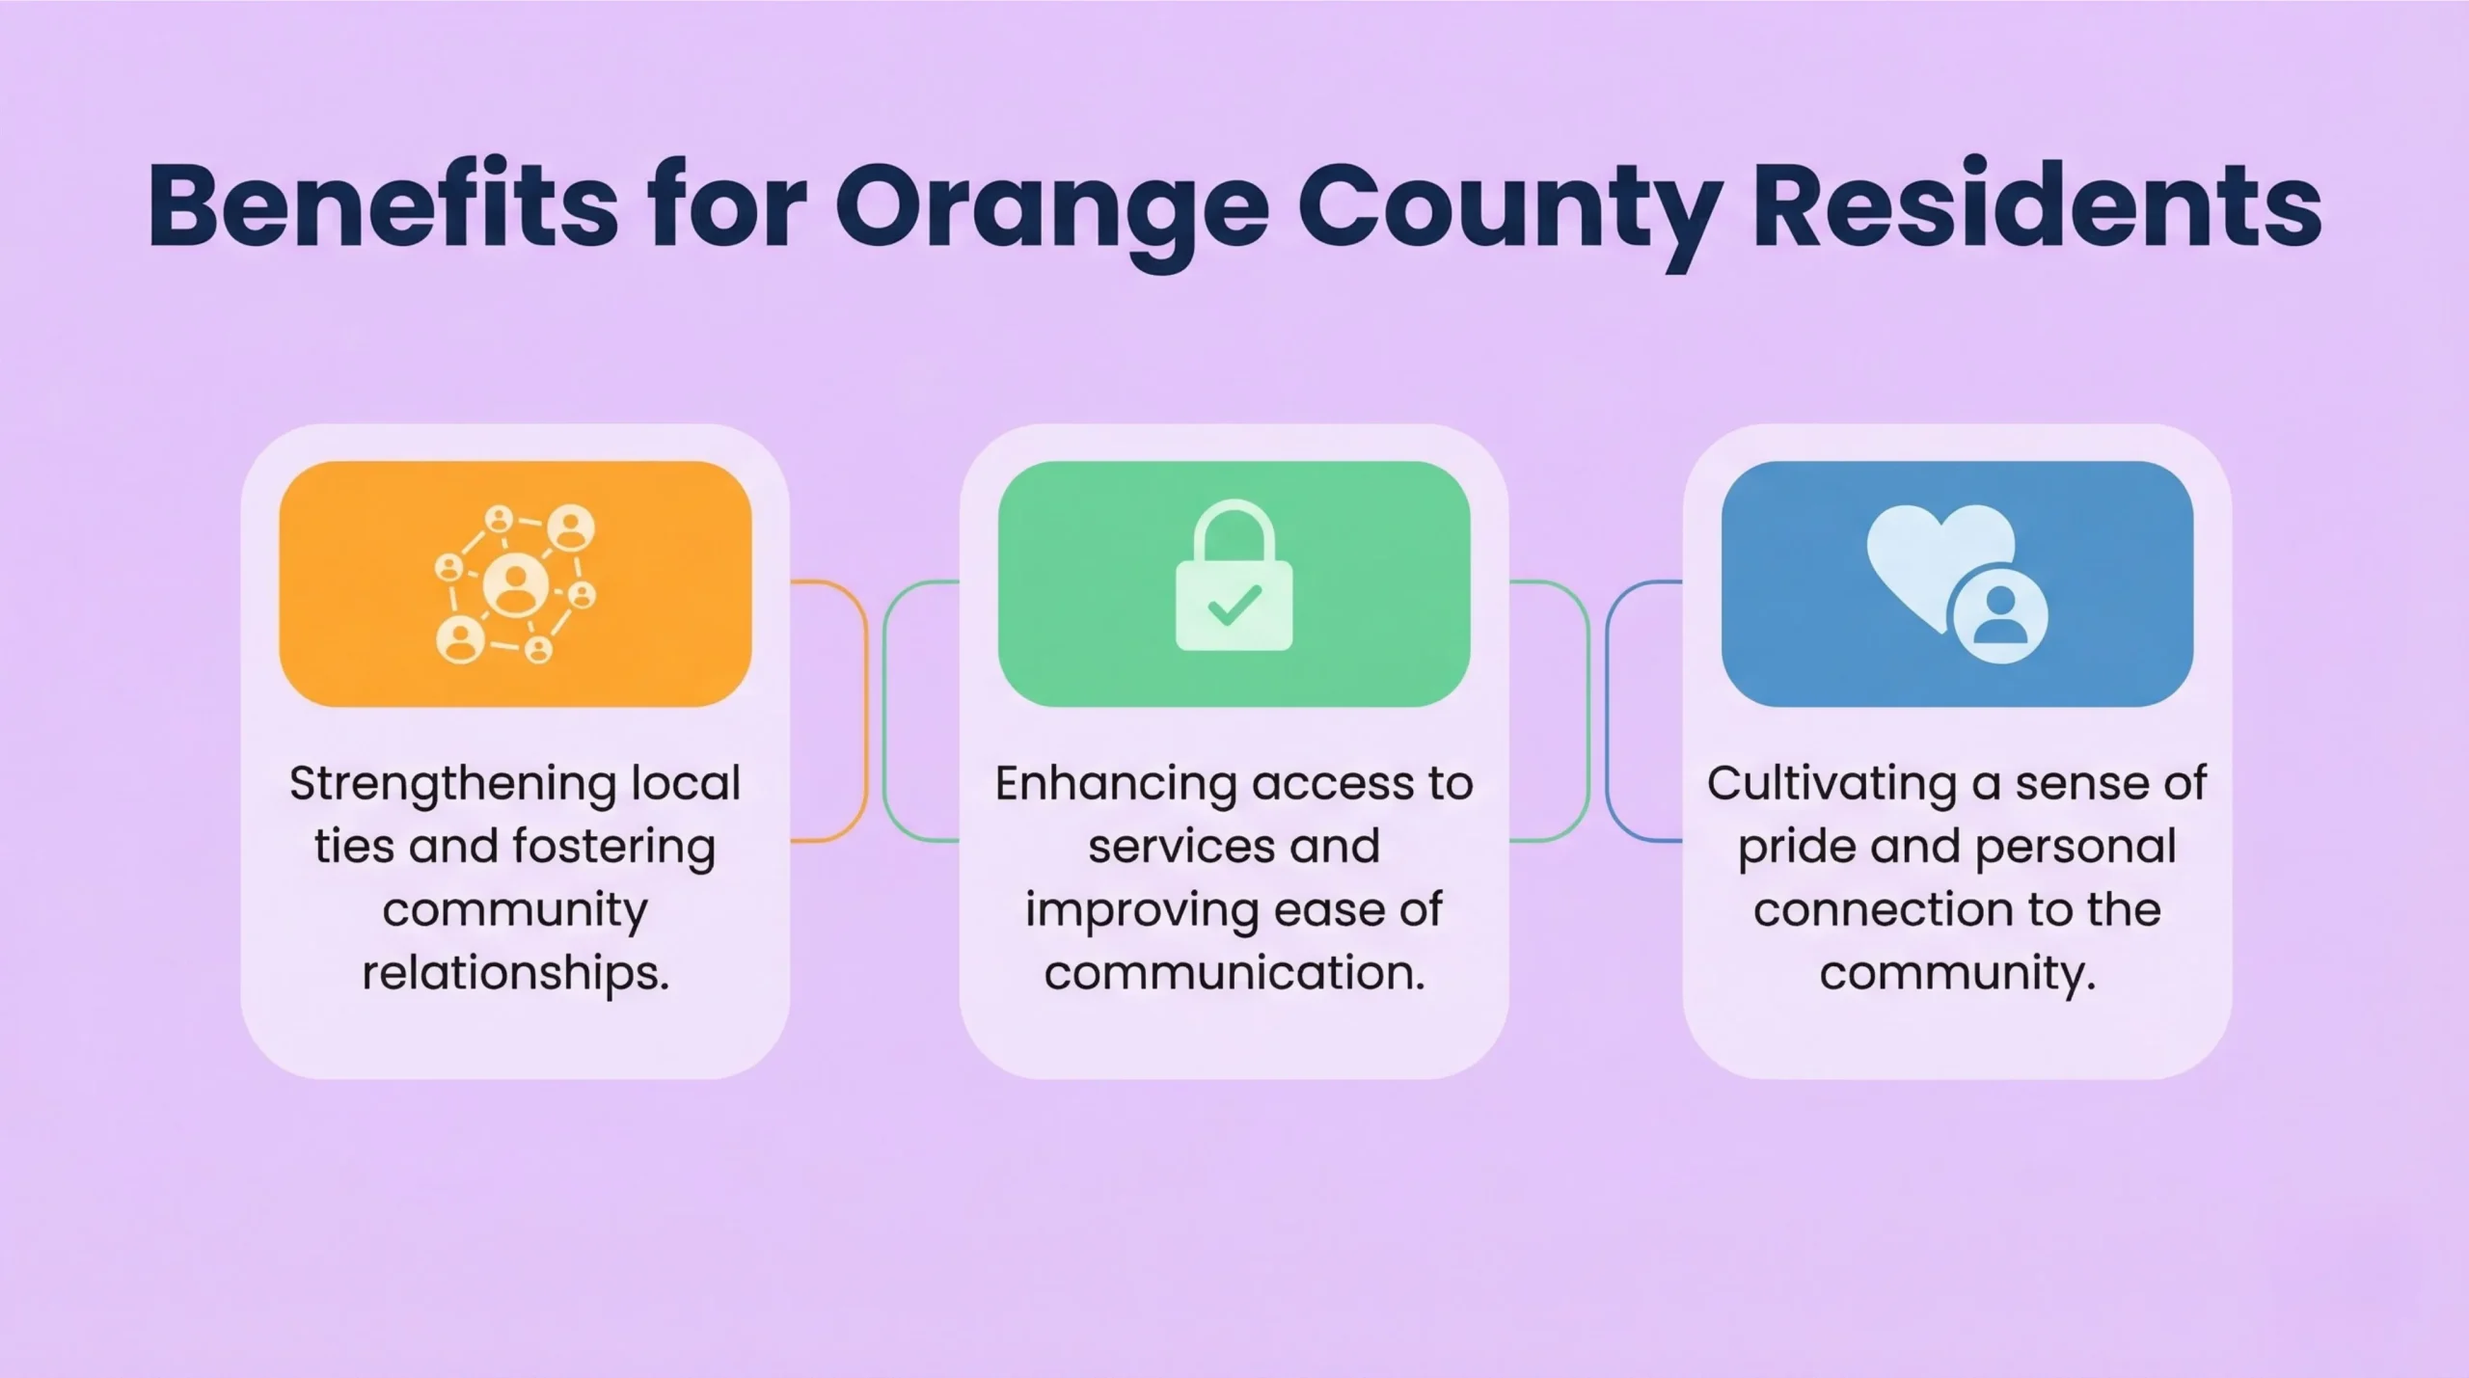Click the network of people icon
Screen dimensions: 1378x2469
tap(515, 584)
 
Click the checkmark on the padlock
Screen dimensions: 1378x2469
tap(1234, 606)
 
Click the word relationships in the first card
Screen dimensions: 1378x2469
tap(515, 973)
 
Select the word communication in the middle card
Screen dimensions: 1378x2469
tap(1234, 973)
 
